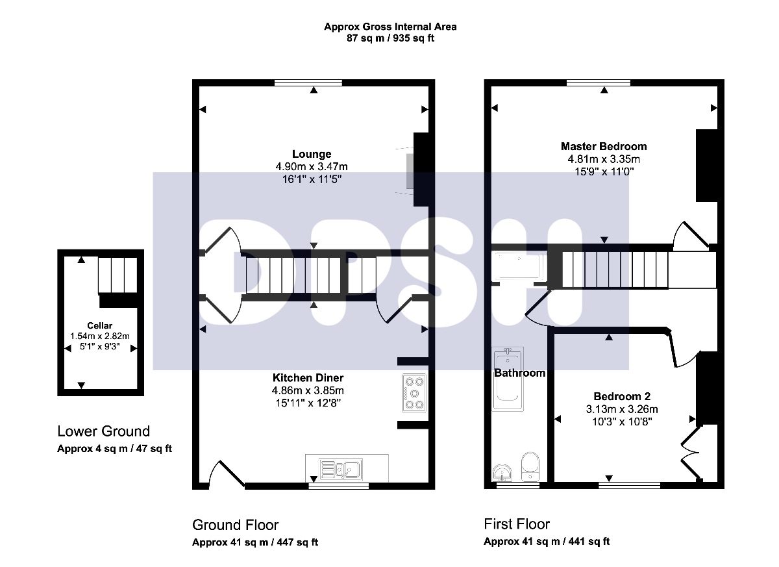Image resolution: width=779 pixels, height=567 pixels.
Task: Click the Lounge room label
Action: (x=312, y=154)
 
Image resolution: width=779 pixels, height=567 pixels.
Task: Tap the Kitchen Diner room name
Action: (x=308, y=377)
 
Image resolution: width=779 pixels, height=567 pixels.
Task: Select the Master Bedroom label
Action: (x=604, y=146)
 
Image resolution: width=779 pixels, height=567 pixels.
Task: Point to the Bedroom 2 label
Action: (x=622, y=396)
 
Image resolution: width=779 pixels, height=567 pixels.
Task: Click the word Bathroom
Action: (x=519, y=373)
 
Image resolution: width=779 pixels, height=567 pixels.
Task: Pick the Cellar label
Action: (x=99, y=325)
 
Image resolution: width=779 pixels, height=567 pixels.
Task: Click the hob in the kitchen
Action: (x=414, y=393)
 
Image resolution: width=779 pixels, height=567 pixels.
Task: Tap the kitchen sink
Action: (x=341, y=469)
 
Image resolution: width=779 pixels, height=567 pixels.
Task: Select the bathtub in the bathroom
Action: (x=508, y=379)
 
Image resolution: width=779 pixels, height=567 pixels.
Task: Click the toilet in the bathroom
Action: (x=530, y=467)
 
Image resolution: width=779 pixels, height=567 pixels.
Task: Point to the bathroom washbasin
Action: (x=502, y=472)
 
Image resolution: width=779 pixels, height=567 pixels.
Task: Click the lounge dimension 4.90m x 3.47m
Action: (x=312, y=167)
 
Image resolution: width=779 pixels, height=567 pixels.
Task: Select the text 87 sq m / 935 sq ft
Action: (x=390, y=38)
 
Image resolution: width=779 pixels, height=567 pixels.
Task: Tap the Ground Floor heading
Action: (x=236, y=525)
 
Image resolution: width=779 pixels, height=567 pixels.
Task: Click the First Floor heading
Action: (x=517, y=524)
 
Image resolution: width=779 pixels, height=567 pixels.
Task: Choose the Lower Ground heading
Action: (x=104, y=431)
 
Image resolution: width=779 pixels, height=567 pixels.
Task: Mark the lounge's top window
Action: (x=308, y=82)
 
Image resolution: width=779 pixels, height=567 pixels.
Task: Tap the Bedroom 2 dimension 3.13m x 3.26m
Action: (x=622, y=409)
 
